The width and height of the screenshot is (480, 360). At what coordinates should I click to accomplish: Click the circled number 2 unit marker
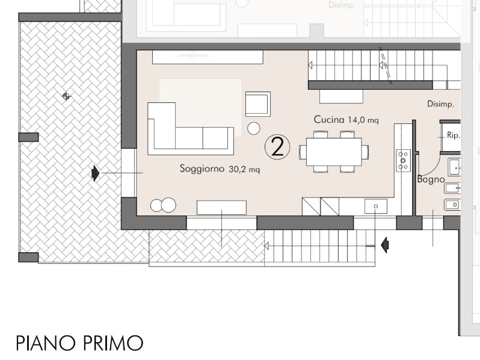point(277,147)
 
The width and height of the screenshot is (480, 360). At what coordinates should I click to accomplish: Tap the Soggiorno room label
point(202,169)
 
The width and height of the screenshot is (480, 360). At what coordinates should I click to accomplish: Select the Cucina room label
point(329,119)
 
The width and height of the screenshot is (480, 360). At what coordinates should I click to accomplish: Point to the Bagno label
point(431,179)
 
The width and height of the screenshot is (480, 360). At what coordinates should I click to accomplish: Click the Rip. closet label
point(453,135)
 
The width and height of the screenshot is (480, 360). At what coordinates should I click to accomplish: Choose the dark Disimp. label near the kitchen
point(440,104)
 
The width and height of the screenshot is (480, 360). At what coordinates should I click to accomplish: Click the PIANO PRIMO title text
point(79,343)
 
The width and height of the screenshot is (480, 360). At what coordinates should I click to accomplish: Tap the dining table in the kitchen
point(334,152)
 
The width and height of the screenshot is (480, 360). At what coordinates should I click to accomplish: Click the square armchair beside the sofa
point(258,104)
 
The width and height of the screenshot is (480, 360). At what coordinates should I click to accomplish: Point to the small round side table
point(253,128)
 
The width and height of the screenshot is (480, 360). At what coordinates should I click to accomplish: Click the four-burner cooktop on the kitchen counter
point(403,161)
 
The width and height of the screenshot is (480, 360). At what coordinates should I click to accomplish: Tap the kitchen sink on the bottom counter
point(375,206)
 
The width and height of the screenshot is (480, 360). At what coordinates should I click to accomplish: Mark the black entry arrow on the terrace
point(96,173)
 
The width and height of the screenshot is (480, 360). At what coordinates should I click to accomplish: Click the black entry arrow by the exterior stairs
point(385,245)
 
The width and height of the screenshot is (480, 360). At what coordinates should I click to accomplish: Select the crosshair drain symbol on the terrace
point(66,96)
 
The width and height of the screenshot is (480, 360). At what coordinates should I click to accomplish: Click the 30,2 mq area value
point(244,169)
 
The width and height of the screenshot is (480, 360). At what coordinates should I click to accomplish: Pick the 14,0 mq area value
point(363,120)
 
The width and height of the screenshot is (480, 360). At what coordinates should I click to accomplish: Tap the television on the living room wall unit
point(193,56)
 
